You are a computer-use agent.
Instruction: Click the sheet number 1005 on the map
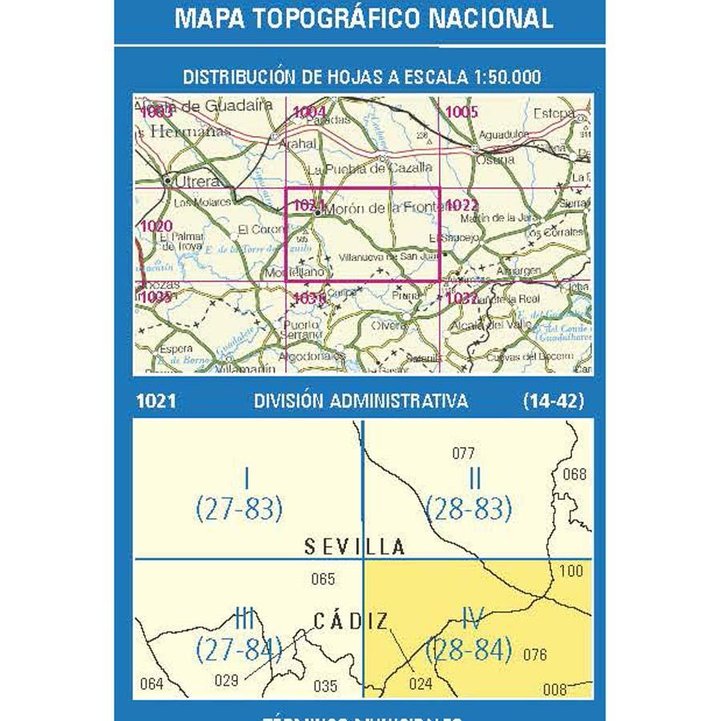coord(462,113)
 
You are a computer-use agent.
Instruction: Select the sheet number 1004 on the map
coord(309,113)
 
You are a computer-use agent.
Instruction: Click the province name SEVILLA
coord(355,547)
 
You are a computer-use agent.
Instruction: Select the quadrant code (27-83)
coord(240,508)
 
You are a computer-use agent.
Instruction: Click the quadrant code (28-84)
coord(469,649)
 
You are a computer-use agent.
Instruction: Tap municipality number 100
coord(571,571)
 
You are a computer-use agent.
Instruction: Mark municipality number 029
coord(228,681)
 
